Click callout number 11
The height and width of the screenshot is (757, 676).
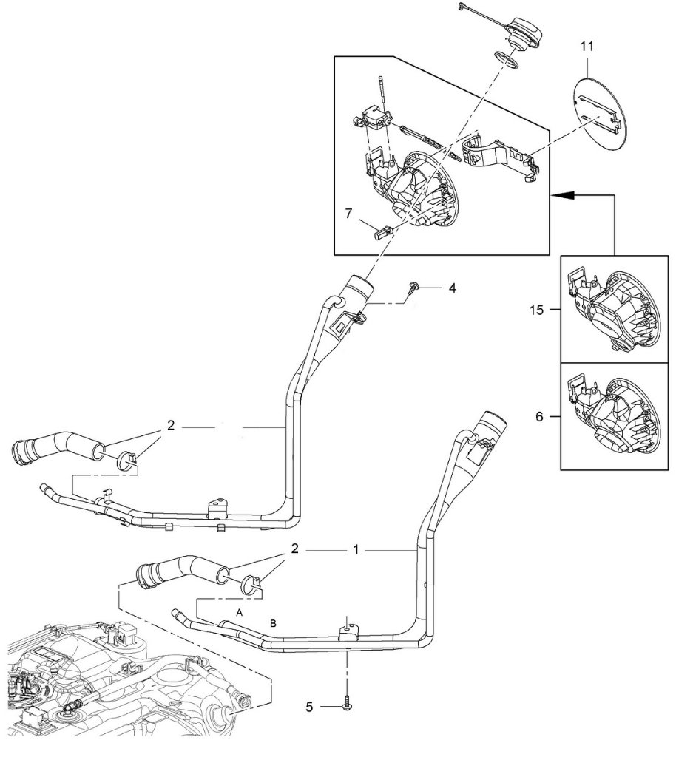(587, 46)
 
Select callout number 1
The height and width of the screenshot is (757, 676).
(356, 551)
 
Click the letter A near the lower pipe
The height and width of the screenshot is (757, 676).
(240, 612)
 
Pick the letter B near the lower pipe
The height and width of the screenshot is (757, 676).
(273, 624)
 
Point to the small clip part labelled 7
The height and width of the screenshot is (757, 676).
(382, 231)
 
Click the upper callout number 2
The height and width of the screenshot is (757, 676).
(171, 427)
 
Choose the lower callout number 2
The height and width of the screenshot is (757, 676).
(294, 550)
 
